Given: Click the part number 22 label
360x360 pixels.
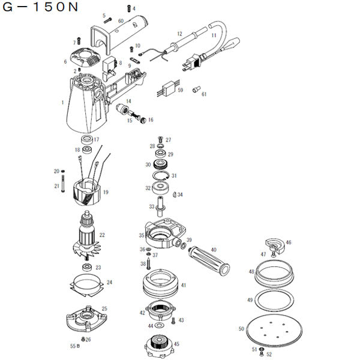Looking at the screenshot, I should (102, 235).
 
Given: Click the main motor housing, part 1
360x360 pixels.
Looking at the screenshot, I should (84, 108).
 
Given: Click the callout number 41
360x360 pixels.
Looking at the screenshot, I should (184, 285).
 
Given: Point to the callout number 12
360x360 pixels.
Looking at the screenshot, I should (179, 34).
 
